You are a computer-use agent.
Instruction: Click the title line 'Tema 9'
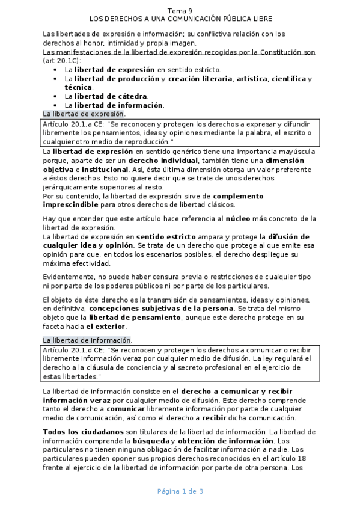[180, 11]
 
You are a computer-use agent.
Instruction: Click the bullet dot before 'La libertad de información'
[55, 105]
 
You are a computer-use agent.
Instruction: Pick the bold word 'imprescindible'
[73, 204]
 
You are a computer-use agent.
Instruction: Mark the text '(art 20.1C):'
[63, 61]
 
